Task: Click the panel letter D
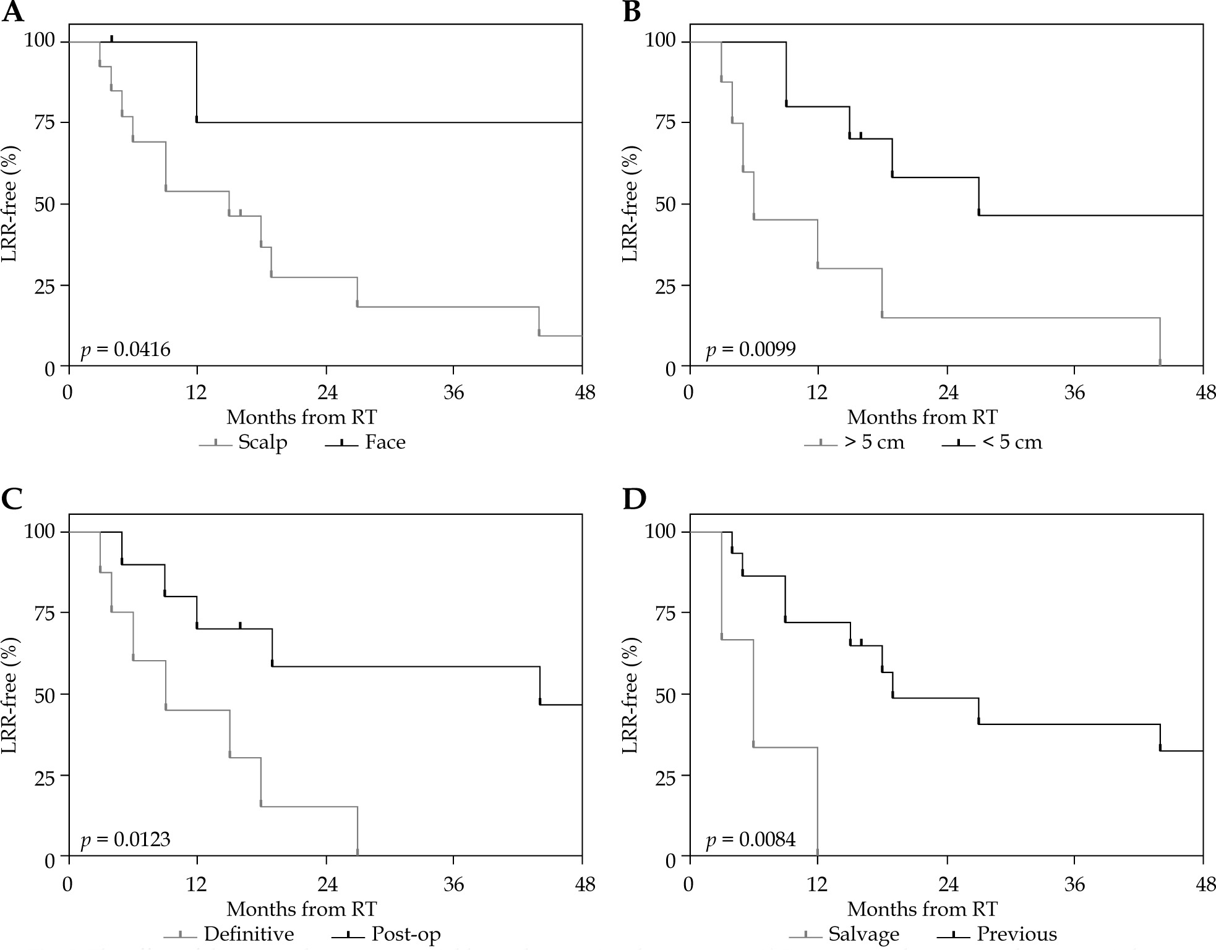click(633, 500)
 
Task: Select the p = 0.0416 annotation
click(126, 350)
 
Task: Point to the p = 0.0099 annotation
click(751, 350)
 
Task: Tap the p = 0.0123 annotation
click(126, 839)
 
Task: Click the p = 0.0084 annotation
click(751, 839)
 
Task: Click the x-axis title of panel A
click(301, 417)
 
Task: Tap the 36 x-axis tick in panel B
click(1075, 392)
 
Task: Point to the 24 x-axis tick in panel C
click(326, 884)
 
